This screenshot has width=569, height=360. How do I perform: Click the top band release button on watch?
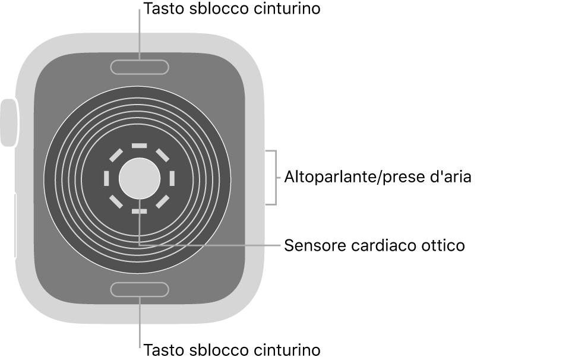140,67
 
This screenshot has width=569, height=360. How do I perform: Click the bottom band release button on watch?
140,289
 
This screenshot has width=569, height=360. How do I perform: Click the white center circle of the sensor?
139,178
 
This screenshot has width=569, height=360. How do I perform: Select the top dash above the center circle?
139,145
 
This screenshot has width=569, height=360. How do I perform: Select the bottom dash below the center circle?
139,211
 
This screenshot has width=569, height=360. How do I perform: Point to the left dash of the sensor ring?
107,178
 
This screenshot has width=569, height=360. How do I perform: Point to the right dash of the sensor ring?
172,178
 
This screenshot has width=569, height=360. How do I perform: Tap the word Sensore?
313,245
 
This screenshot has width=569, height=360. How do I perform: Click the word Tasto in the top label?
160,9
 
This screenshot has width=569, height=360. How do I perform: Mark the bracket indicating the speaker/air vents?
274,178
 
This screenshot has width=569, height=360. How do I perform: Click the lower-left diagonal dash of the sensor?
116,201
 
